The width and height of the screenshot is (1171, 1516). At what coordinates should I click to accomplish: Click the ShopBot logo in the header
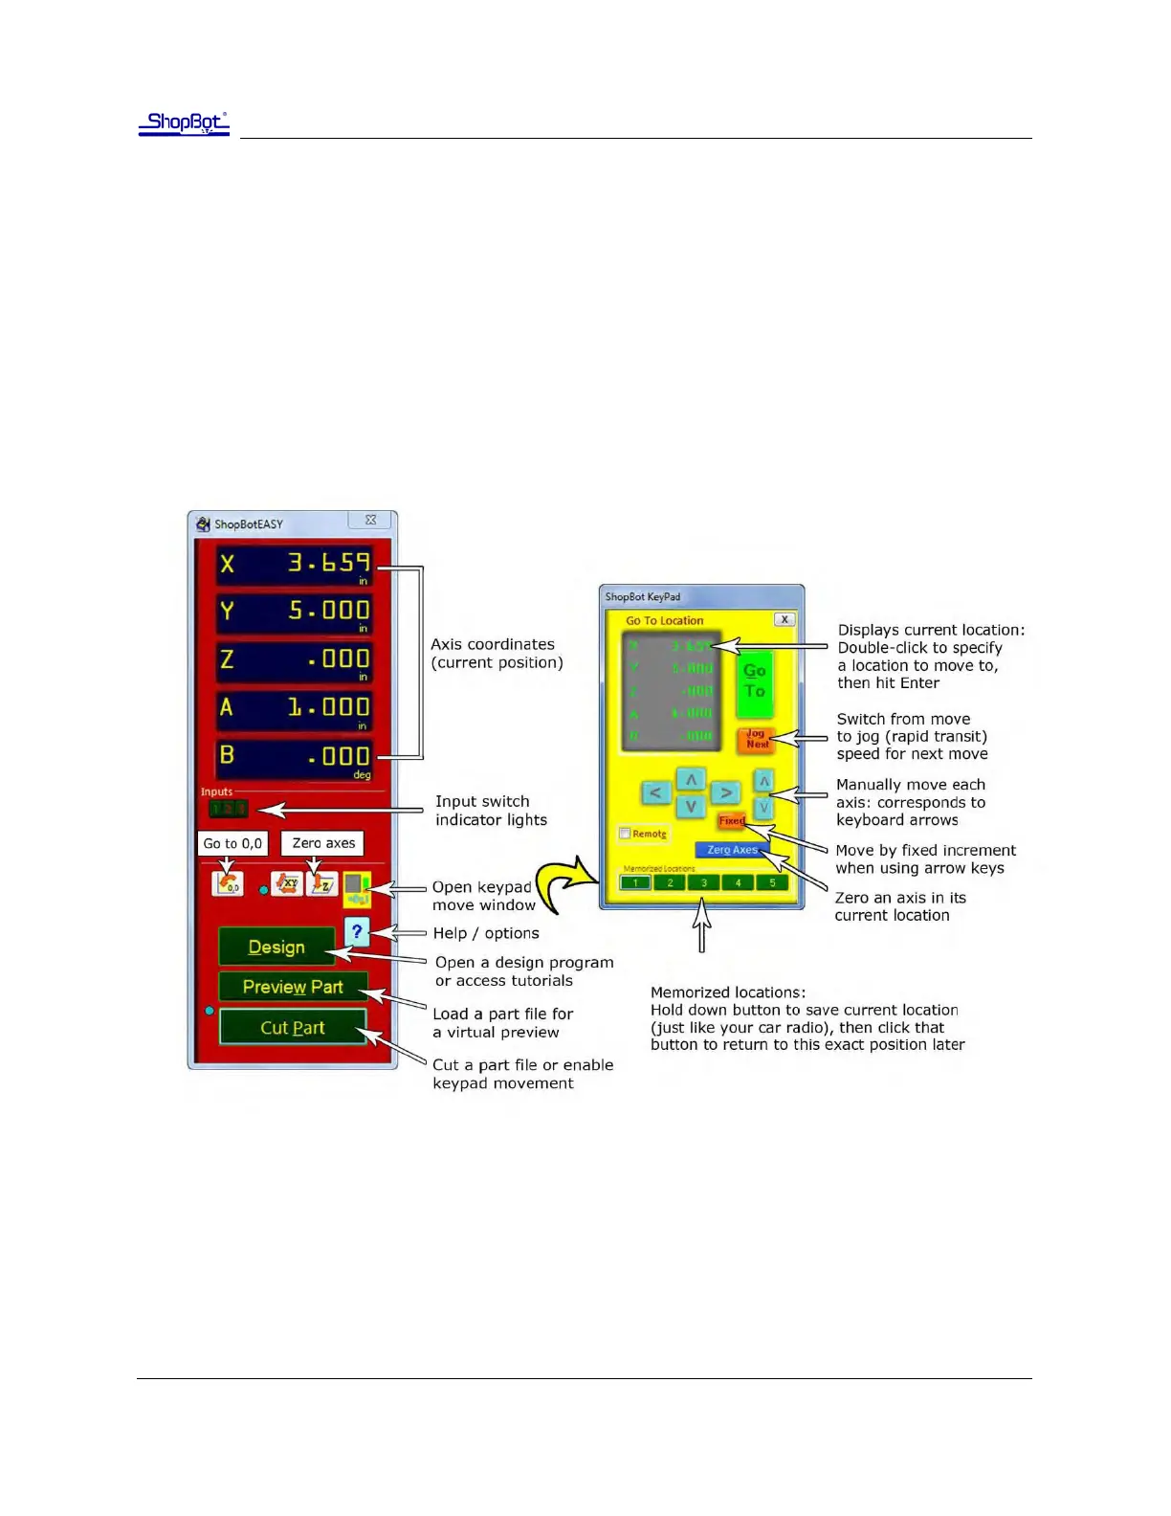184,123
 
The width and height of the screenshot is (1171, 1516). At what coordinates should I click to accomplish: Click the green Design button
276,947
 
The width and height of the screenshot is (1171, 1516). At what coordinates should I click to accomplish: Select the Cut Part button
293,1028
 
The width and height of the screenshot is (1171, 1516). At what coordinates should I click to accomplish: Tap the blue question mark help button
357,930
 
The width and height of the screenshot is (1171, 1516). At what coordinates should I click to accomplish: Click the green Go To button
754,681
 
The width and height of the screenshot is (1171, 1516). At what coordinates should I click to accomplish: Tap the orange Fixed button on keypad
731,820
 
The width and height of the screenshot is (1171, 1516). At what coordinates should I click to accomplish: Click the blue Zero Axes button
732,850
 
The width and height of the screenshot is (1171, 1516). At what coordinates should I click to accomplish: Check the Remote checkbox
625,834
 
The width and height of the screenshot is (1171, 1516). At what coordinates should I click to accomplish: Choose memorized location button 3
703,882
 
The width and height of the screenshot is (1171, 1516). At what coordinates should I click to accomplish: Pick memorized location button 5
772,882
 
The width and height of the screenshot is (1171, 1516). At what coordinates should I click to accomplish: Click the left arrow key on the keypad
655,792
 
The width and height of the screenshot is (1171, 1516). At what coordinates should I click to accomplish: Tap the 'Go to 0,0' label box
232,843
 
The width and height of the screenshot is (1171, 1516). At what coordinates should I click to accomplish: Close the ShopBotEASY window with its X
370,521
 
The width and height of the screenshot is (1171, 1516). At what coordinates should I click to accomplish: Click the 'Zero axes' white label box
323,843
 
